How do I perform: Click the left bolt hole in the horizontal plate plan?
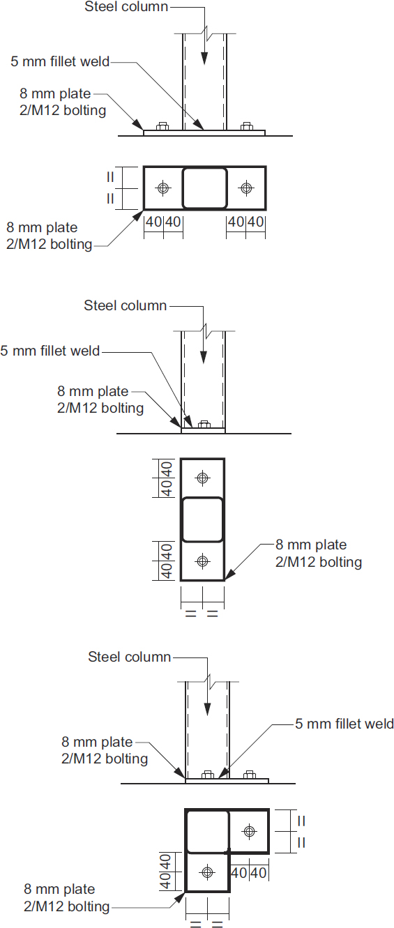click(x=163, y=188)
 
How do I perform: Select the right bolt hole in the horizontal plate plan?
click(x=245, y=188)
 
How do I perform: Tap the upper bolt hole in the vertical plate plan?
click(x=202, y=478)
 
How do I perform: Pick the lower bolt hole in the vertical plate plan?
click(x=202, y=561)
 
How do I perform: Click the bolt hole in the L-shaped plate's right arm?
click(x=249, y=830)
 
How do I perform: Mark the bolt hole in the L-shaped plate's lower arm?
click(x=207, y=872)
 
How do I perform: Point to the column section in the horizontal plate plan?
click(x=204, y=188)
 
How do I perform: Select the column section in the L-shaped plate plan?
click(x=207, y=830)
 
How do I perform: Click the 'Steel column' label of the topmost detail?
click(x=126, y=7)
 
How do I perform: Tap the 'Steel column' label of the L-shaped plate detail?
click(x=129, y=657)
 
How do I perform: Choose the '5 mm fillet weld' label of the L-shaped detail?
click(x=344, y=724)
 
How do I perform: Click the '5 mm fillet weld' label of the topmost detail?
click(x=60, y=61)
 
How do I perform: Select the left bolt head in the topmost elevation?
click(x=162, y=126)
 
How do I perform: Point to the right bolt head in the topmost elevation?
click(x=245, y=126)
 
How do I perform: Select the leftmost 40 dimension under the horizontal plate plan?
click(x=153, y=222)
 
